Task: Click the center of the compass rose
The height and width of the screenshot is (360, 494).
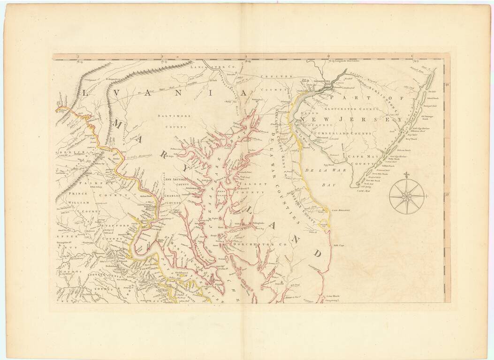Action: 407,195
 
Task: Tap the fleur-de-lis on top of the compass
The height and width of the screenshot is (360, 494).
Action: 407,175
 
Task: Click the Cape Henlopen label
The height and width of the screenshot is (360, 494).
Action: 341,211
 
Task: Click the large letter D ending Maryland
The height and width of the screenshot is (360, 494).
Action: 317,253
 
